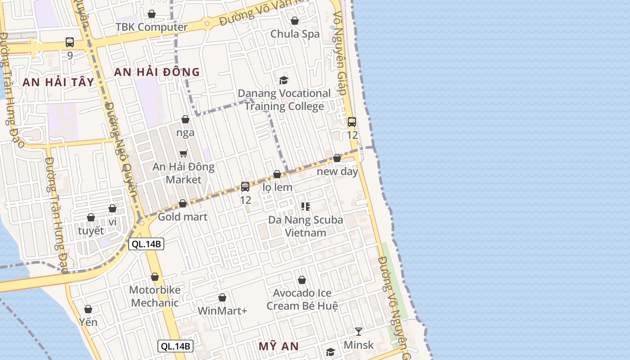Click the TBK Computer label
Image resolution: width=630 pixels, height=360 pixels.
tap(151, 27)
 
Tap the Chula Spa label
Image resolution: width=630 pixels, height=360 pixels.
tap(295, 34)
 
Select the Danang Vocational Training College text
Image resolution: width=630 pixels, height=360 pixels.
tap(284, 100)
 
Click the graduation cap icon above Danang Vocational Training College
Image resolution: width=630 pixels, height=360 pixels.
tap(283, 81)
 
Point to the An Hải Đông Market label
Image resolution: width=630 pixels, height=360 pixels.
tap(183, 173)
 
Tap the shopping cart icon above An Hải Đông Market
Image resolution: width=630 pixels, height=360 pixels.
tap(184, 154)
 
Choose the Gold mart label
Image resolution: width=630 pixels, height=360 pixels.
tap(182, 217)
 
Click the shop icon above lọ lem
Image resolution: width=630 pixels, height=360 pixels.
tap(277, 175)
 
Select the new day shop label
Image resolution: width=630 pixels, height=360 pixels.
tap(337, 171)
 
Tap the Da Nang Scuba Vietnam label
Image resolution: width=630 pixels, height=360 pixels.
tap(306, 226)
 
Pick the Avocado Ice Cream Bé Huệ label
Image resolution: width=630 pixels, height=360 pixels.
tap(302, 299)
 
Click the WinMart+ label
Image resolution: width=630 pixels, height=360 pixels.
tap(222, 311)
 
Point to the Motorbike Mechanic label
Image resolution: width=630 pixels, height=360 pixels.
tap(155, 296)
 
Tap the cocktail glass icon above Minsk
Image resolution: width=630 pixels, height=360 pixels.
tap(358, 332)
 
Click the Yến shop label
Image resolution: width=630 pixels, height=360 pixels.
tap(88, 322)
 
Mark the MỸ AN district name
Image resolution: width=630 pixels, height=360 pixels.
tap(279, 346)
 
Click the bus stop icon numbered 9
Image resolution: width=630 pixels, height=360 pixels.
tap(70, 42)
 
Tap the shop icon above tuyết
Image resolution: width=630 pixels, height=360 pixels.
tap(91, 218)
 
